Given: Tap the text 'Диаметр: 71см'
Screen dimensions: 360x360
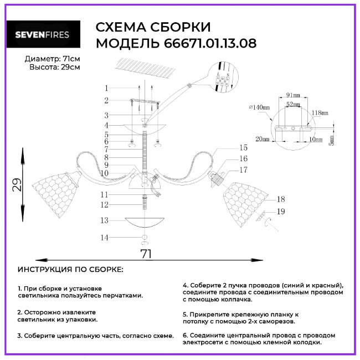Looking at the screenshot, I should point(53,59).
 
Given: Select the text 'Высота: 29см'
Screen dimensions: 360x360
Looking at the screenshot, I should point(54,67).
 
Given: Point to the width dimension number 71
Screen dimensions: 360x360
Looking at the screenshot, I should point(146,254).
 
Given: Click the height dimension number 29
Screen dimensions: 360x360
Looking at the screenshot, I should point(18,185).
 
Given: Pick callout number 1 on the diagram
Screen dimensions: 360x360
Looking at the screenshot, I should point(106,88).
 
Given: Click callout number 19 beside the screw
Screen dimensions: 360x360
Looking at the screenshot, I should point(280,211).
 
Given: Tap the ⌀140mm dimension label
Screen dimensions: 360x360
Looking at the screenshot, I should point(259,107).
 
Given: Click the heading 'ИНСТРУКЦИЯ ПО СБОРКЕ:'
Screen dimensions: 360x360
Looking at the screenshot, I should point(71,269).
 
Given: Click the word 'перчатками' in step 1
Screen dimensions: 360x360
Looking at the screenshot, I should point(122,296).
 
